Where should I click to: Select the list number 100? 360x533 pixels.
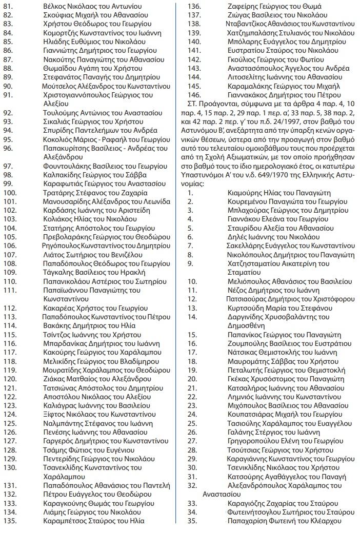[10, 192]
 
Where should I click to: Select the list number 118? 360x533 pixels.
[10, 361]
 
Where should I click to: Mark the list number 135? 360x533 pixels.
[10, 521]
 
